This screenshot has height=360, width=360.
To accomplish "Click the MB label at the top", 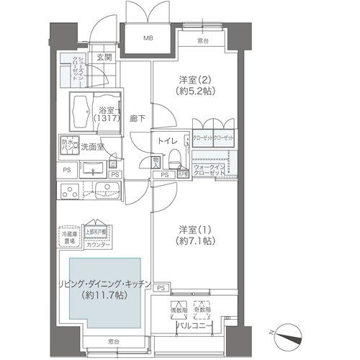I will pyautogui.click(x=148, y=38).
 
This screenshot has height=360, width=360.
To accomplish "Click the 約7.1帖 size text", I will pyautogui.click(x=196, y=243).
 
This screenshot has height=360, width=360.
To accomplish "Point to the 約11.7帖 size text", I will pyautogui.click(x=109, y=294).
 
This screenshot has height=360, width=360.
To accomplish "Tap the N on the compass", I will pyautogui.click(x=271, y=334).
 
